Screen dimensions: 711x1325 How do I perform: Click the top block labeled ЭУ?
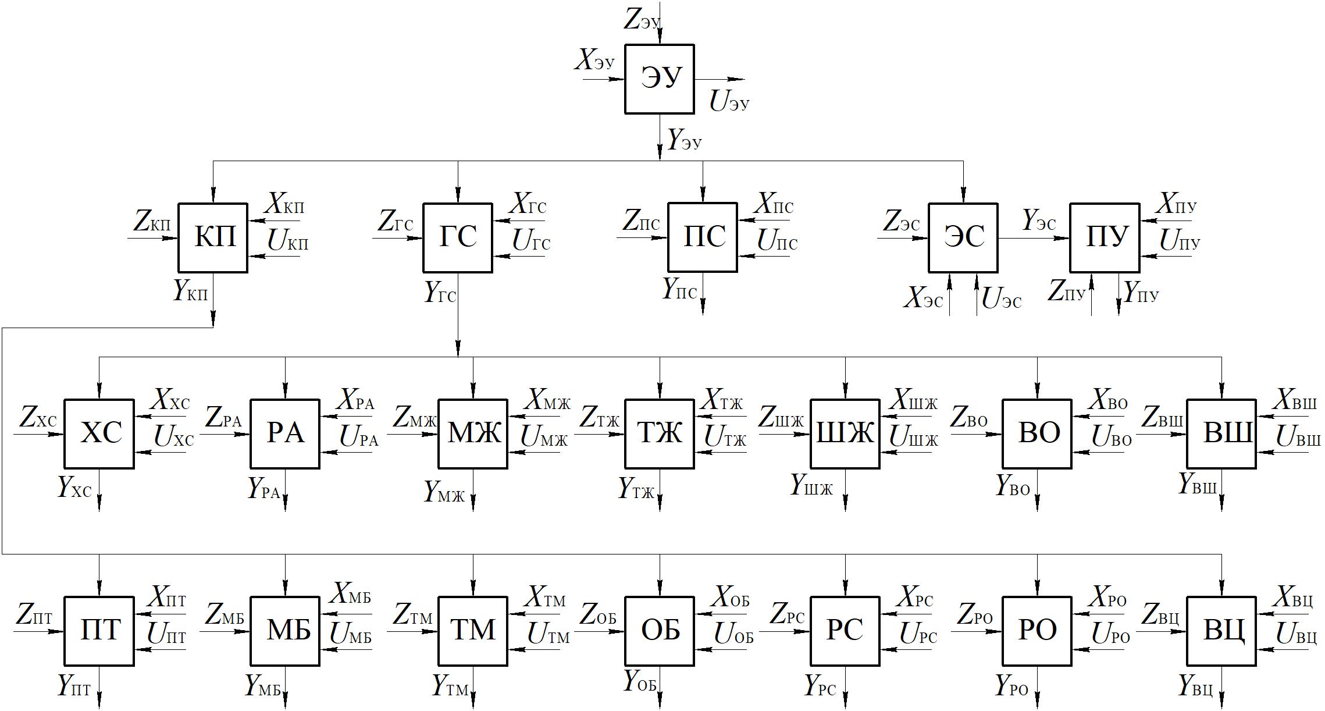click(x=659, y=79)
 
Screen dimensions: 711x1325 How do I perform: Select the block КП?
click(x=212, y=237)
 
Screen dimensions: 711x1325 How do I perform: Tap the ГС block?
click(x=457, y=237)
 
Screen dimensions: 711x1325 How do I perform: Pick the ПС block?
click(x=702, y=237)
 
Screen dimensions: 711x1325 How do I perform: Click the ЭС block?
click(x=963, y=237)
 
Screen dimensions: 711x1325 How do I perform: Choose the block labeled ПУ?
click(x=1105, y=237)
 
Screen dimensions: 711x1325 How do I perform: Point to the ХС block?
click(x=99, y=433)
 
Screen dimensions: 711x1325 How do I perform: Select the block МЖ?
click(x=472, y=433)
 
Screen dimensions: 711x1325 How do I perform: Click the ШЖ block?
click(x=845, y=433)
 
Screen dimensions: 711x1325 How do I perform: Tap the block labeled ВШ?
click(x=1221, y=433)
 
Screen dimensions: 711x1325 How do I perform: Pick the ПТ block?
click(x=99, y=631)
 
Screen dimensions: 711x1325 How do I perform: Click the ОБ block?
click(x=659, y=631)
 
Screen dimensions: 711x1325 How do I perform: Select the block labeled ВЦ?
click(x=1221, y=631)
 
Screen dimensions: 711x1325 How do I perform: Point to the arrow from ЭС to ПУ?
click(x=1034, y=238)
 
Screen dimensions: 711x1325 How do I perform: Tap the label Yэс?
click(x=1039, y=221)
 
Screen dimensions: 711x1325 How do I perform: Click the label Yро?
click(x=1011, y=686)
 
